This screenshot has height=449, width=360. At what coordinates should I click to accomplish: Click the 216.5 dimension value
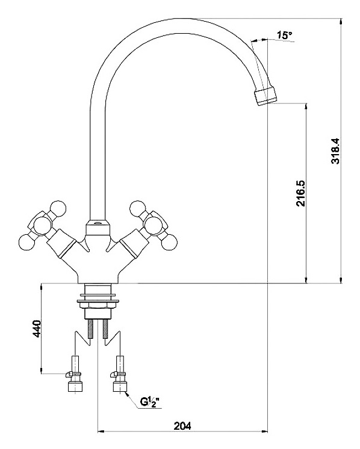coord(301,193)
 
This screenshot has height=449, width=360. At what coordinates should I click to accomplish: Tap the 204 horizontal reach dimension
coord(182,426)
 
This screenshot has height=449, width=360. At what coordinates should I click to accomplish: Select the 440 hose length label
coord(37,329)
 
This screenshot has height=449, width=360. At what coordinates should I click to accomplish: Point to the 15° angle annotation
coord(284,36)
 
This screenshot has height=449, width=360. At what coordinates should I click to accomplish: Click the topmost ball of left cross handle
coord(58,208)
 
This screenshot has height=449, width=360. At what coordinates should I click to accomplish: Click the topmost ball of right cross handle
coord(138,208)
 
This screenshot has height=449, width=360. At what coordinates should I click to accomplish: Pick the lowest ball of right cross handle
coord(169,242)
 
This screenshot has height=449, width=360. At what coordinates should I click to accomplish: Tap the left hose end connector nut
coord(75,385)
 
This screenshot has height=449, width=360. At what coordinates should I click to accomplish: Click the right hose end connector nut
coord(120,385)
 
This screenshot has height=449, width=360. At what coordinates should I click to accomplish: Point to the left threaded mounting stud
coord(90,329)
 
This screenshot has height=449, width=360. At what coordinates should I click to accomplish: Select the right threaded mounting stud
coord(105,329)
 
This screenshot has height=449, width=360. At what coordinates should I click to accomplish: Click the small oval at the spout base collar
coord(98,223)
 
